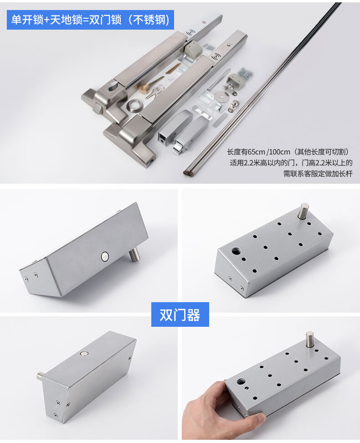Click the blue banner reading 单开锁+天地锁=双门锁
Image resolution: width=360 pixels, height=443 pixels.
coord(90,20)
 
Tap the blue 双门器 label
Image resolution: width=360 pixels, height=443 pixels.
coord(180,314)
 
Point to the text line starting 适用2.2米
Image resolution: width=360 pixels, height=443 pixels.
coord(291,163)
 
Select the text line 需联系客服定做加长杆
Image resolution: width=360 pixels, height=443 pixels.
coord(318,174)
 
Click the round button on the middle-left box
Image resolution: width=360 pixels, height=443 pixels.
coord(104,257)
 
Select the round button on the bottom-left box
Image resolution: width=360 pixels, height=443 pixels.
coord(84,353)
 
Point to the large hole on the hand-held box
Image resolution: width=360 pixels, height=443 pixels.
coord(241,382)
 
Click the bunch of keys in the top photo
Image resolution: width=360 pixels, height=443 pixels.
coord(153,92)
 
